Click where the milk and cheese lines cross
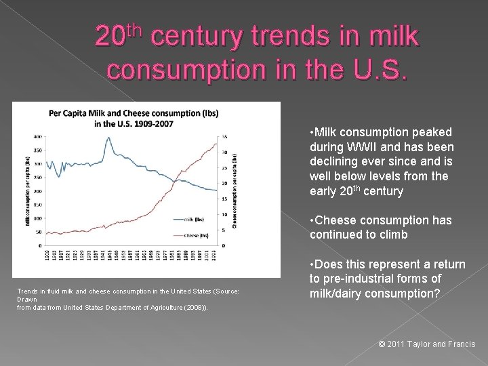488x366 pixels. point(174,180)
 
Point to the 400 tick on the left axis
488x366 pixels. point(38,137)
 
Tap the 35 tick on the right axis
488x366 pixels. point(224,137)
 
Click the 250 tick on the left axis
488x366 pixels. point(38,178)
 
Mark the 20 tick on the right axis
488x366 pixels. point(224,184)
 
